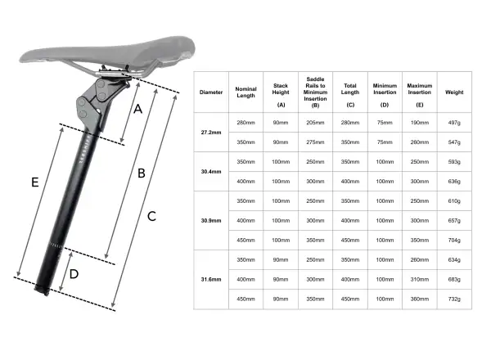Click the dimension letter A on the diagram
[137, 109]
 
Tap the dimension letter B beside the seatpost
[142, 173]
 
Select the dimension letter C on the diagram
[151, 216]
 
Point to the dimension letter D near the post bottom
[74, 274]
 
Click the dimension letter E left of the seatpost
[35, 182]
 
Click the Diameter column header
[211, 92]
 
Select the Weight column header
[454, 92]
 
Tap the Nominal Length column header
[245, 92]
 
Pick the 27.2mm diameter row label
[211, 133]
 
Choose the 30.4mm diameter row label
[211, 172]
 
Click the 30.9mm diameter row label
[211, 221]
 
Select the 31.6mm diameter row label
[211, 279]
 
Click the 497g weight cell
[454, 123]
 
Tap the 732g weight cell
[454, 299]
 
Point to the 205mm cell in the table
[315, 123]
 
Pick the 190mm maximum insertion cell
[420, 123]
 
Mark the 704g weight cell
[454, 240]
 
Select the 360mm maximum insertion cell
[420, 299]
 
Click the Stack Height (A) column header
[281, 95]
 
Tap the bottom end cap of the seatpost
[42, 290]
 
